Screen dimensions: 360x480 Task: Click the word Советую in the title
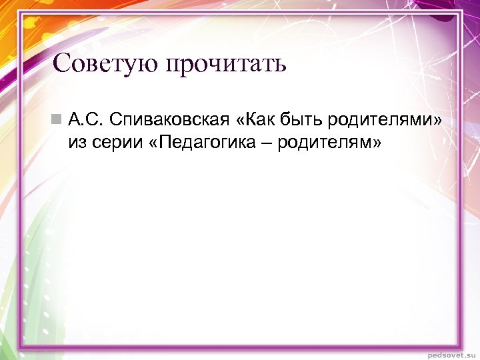[x=107, y=64]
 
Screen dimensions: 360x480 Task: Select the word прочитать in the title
[x=227, y=64]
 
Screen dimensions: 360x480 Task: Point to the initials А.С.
[x=84, y=120]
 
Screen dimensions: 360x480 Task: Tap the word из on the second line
[x=77, y=142]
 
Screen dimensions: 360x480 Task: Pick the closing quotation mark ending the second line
[x=377, y=143]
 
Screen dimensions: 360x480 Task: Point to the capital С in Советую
[x=61, y=64]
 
